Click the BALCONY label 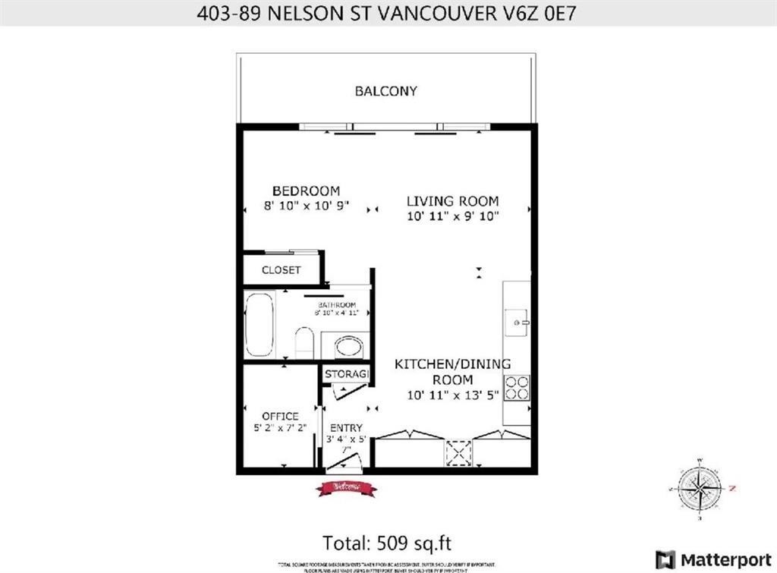coord(385,91)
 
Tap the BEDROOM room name coord(306,190)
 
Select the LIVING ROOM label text coord(452,201)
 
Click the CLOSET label coord(281,270)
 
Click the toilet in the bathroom coord(303,342)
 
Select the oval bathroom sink coord(348,348)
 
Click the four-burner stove coord(517,387)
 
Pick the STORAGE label coord(346,375)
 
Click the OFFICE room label coord(280,416)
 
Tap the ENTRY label coord(345,428)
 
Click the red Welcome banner coord(346,488)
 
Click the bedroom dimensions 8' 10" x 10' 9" coord(306,205)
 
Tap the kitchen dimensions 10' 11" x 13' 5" coord(454,395)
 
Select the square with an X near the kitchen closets coord(458,453)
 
